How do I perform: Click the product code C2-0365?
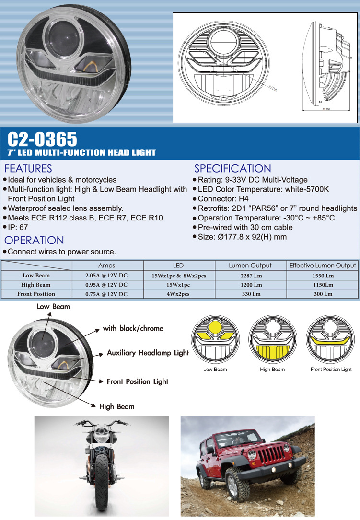(x=42, y=139)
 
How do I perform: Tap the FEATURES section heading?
(x=28, y=169)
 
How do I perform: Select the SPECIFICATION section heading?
(x=232, y=169)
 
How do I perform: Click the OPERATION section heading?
(x=34, y=241)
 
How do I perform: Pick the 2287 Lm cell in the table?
(x=251, y=276)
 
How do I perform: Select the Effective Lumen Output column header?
(x=323, y=266)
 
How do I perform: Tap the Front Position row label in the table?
(x=36, y=294)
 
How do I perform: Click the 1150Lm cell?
(x=323, y=285)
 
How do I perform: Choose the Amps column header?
(x=107, y=266)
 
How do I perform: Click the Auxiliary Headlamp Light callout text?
(x=148, y=353)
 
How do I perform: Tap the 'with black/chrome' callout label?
(x=133, y=329)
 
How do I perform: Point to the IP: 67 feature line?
(x=18, y=228)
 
